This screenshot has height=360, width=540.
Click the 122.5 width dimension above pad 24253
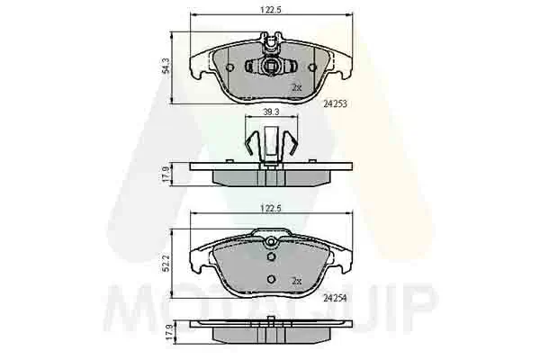point(271,10)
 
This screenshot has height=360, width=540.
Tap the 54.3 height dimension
point(166,66)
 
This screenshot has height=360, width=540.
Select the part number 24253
point(335,103)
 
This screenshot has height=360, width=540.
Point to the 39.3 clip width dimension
point(271,112)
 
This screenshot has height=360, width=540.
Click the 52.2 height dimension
point(166,264)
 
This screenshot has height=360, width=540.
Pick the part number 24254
point(335,298)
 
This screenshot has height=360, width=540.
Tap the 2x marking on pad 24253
point(296,87)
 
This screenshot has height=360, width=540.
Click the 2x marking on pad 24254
point(296,281)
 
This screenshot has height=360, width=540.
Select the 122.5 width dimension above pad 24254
point(271,208)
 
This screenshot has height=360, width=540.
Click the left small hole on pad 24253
point(229,67)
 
